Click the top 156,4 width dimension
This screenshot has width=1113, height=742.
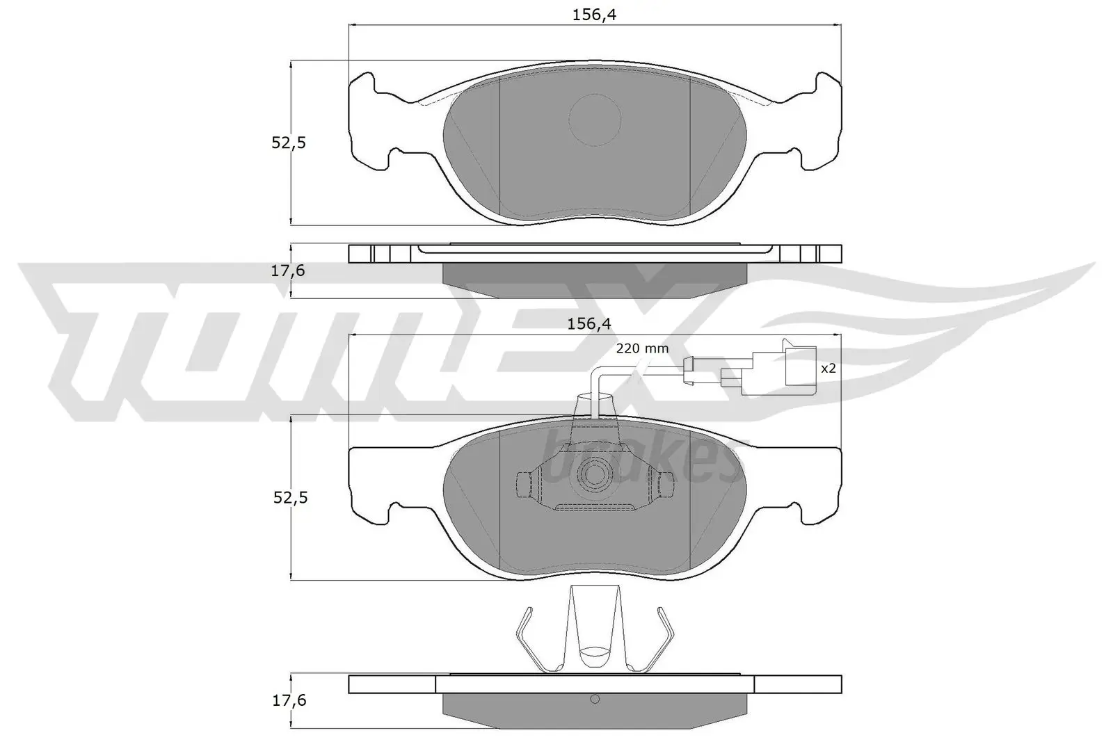(594, 15)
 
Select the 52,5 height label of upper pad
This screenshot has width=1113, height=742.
(289, 143)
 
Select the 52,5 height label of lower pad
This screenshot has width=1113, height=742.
(289, 498)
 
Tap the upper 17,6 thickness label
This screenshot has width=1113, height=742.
(288, 271)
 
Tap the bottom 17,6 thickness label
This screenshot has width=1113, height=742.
(288, 700)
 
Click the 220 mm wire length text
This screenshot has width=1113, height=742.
(642, 348)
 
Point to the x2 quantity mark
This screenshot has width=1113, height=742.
(828, 369)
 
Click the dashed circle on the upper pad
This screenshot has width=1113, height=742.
(594, 119)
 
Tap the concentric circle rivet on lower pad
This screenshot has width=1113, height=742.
(595, 474)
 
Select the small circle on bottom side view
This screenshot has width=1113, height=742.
(594, 700)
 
